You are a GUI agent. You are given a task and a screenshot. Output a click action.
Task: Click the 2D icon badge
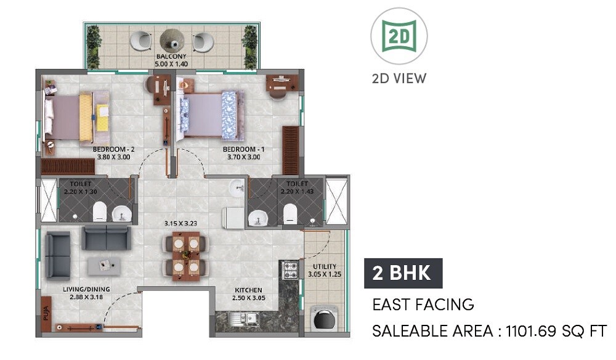coord(399,36)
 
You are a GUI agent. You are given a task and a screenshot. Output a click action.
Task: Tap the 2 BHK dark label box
coord(403,273)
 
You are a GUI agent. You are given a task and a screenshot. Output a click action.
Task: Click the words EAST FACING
coord(423,305)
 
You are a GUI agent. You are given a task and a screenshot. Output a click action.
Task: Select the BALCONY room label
coord(171,57)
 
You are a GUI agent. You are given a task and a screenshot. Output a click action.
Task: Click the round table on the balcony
coord(172,41)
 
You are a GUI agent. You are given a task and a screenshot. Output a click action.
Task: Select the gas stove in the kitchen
coord(290,269)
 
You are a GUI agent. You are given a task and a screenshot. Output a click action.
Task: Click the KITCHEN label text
coord(248,290)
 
